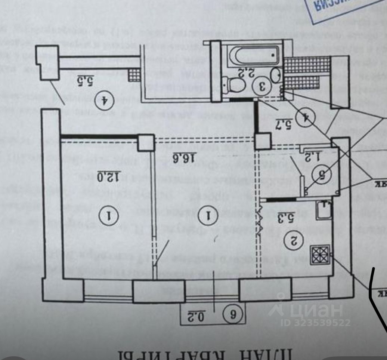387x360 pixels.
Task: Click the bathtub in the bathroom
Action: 253,56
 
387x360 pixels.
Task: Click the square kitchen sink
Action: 323,210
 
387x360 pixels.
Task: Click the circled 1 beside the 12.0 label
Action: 109,215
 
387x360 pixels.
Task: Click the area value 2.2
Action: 245,73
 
